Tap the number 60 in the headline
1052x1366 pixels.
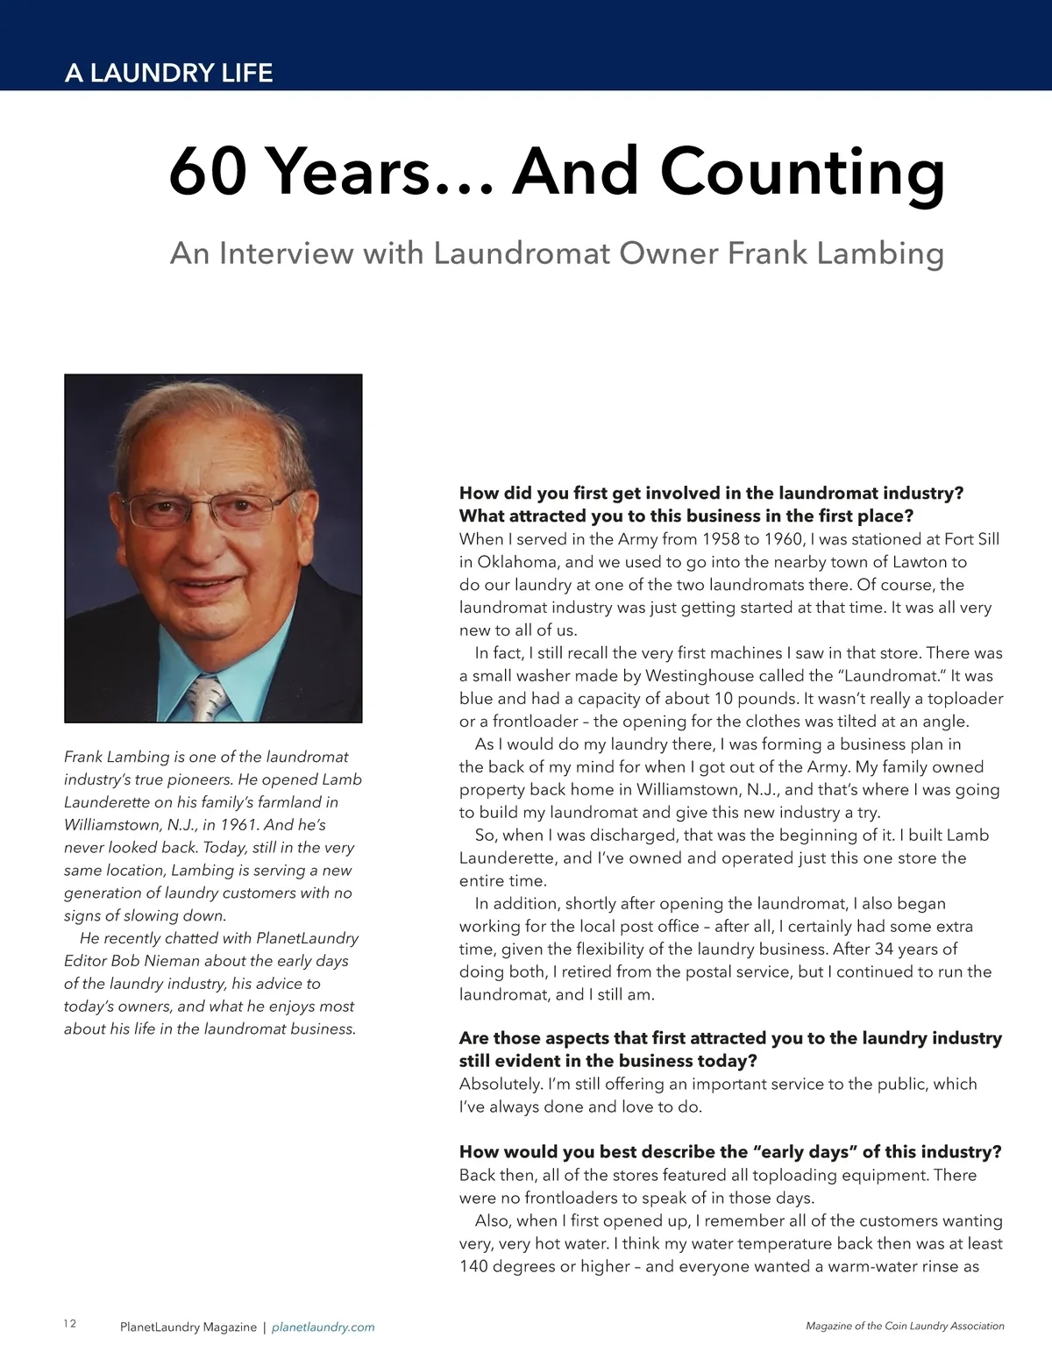210,173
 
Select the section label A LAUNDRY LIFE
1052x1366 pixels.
168,73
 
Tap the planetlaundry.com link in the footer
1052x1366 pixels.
323,1327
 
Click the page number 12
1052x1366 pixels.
70,1323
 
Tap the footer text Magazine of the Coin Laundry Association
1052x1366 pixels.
905,1326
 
